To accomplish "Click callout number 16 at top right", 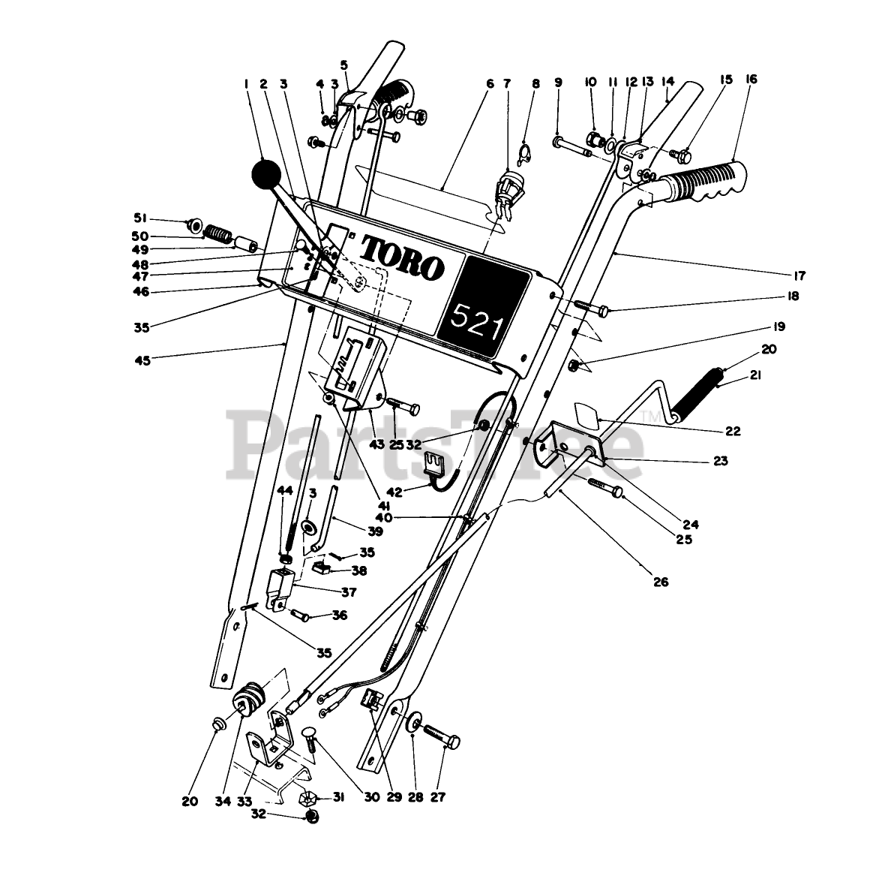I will click(751, 80).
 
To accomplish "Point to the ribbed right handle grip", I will click(700, 184).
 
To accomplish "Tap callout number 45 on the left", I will click(141, 360).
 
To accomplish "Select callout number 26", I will click(661, 582).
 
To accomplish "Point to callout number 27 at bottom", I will click(438, 797).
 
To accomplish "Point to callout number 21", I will click(755, 376).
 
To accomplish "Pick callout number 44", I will click(285, 490).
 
